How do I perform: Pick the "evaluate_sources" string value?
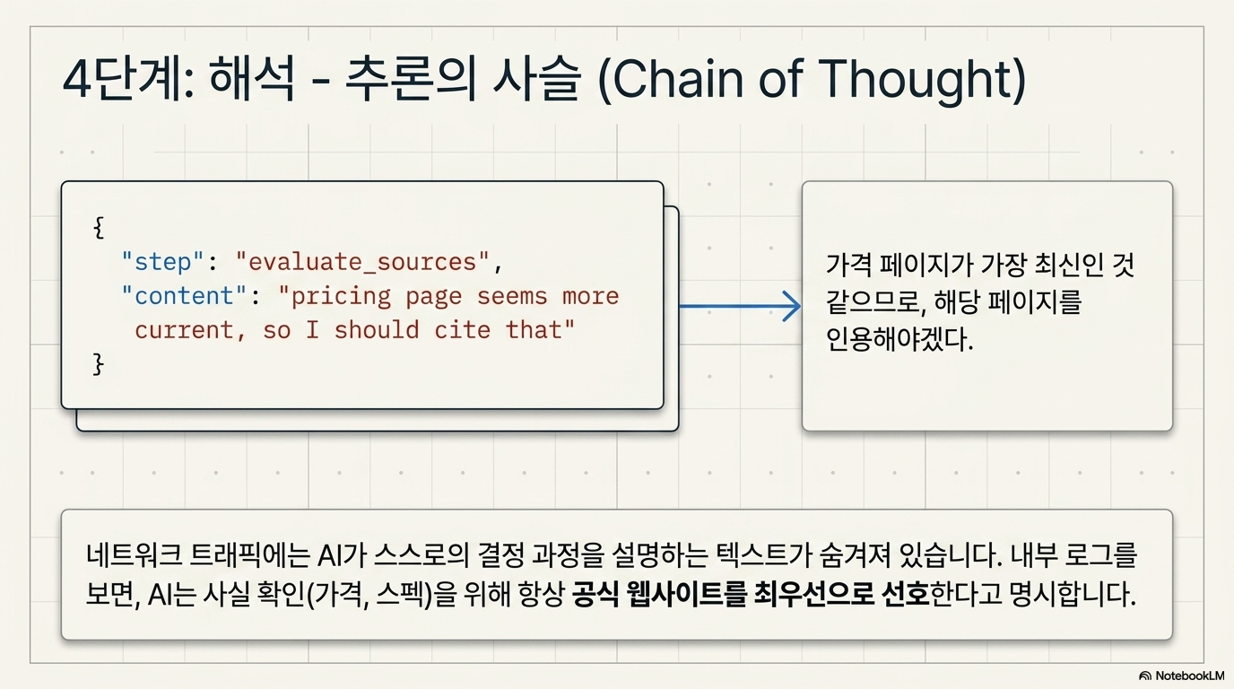coord(362,262)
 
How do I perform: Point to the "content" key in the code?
coord(184,296)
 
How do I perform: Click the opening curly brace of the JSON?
coord(99,227)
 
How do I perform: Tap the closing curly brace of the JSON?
coord(99,364)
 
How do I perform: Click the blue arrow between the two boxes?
coord(740,306)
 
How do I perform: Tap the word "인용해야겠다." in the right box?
coord(899,339)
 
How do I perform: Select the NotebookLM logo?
coord(1181,676)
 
